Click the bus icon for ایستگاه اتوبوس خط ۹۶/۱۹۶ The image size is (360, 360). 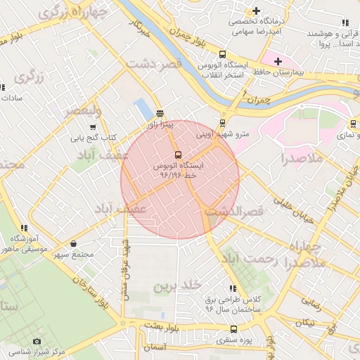176,154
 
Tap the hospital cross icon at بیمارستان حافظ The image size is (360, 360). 278,61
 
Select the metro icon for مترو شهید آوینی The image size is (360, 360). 223,122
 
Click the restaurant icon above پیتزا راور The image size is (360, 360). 160,113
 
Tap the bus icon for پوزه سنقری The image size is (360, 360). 233,329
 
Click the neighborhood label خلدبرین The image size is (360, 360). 177,285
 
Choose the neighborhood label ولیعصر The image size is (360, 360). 83,111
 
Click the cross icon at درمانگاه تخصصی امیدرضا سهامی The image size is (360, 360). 257,11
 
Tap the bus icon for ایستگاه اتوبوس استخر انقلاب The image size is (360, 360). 223,54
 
